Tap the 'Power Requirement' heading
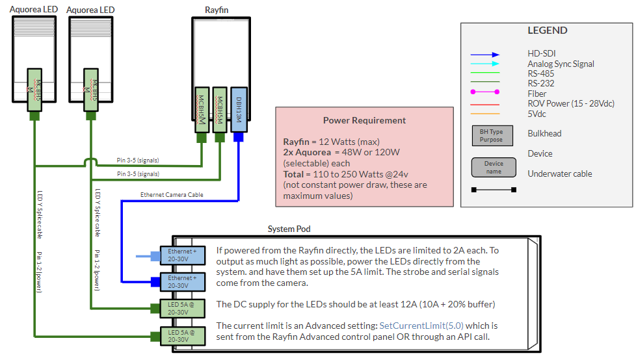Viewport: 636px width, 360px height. pyautogui.click(x=364, y=120)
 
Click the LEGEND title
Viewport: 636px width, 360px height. pyautogui.click(x=548, y=31)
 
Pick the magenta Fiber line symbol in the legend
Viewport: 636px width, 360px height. pyautogui.click(x=486, y=94)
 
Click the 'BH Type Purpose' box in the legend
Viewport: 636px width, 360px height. pyautogui.click(x=491, y=135)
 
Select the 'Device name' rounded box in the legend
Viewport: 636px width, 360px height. pyautogui.click(x=494, y=168)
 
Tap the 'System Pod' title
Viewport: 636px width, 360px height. pyautogui.click(x=289, y=229)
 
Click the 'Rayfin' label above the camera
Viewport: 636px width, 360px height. pyautogui.click(x=217, y=9)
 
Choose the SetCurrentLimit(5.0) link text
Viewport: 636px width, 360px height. pyautogui.click(x=421, y=325)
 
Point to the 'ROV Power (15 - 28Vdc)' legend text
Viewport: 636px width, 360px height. pyautogui.click(x=571, y=103)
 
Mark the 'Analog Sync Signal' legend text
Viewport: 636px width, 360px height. pyautogui.click(x=561, y=64)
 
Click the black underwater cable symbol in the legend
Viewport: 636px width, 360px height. pyautogui.click(x=494, y=190)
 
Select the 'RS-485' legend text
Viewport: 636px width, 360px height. pyautogui.click(x=541, y=73)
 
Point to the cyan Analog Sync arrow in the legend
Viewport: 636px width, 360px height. pyautogui.click(x=486, y=64)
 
